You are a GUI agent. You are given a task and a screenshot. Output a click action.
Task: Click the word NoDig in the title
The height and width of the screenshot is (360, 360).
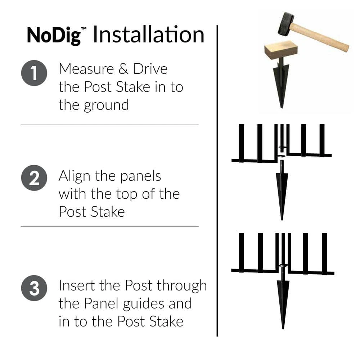pyautogui.click(x=53, y=35)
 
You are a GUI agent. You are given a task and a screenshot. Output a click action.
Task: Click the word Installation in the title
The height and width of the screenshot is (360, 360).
pyautogui.click(x=148, y=35)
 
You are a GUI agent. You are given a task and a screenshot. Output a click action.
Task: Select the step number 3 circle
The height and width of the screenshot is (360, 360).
pyautogui.click(x=34, y=289)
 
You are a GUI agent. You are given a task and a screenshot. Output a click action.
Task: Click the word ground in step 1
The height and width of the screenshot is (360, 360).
pyautogui.click(x=107, y=105)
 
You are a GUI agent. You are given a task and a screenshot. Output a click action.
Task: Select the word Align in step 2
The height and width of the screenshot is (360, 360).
pyautogui.click(x=74, y=176)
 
